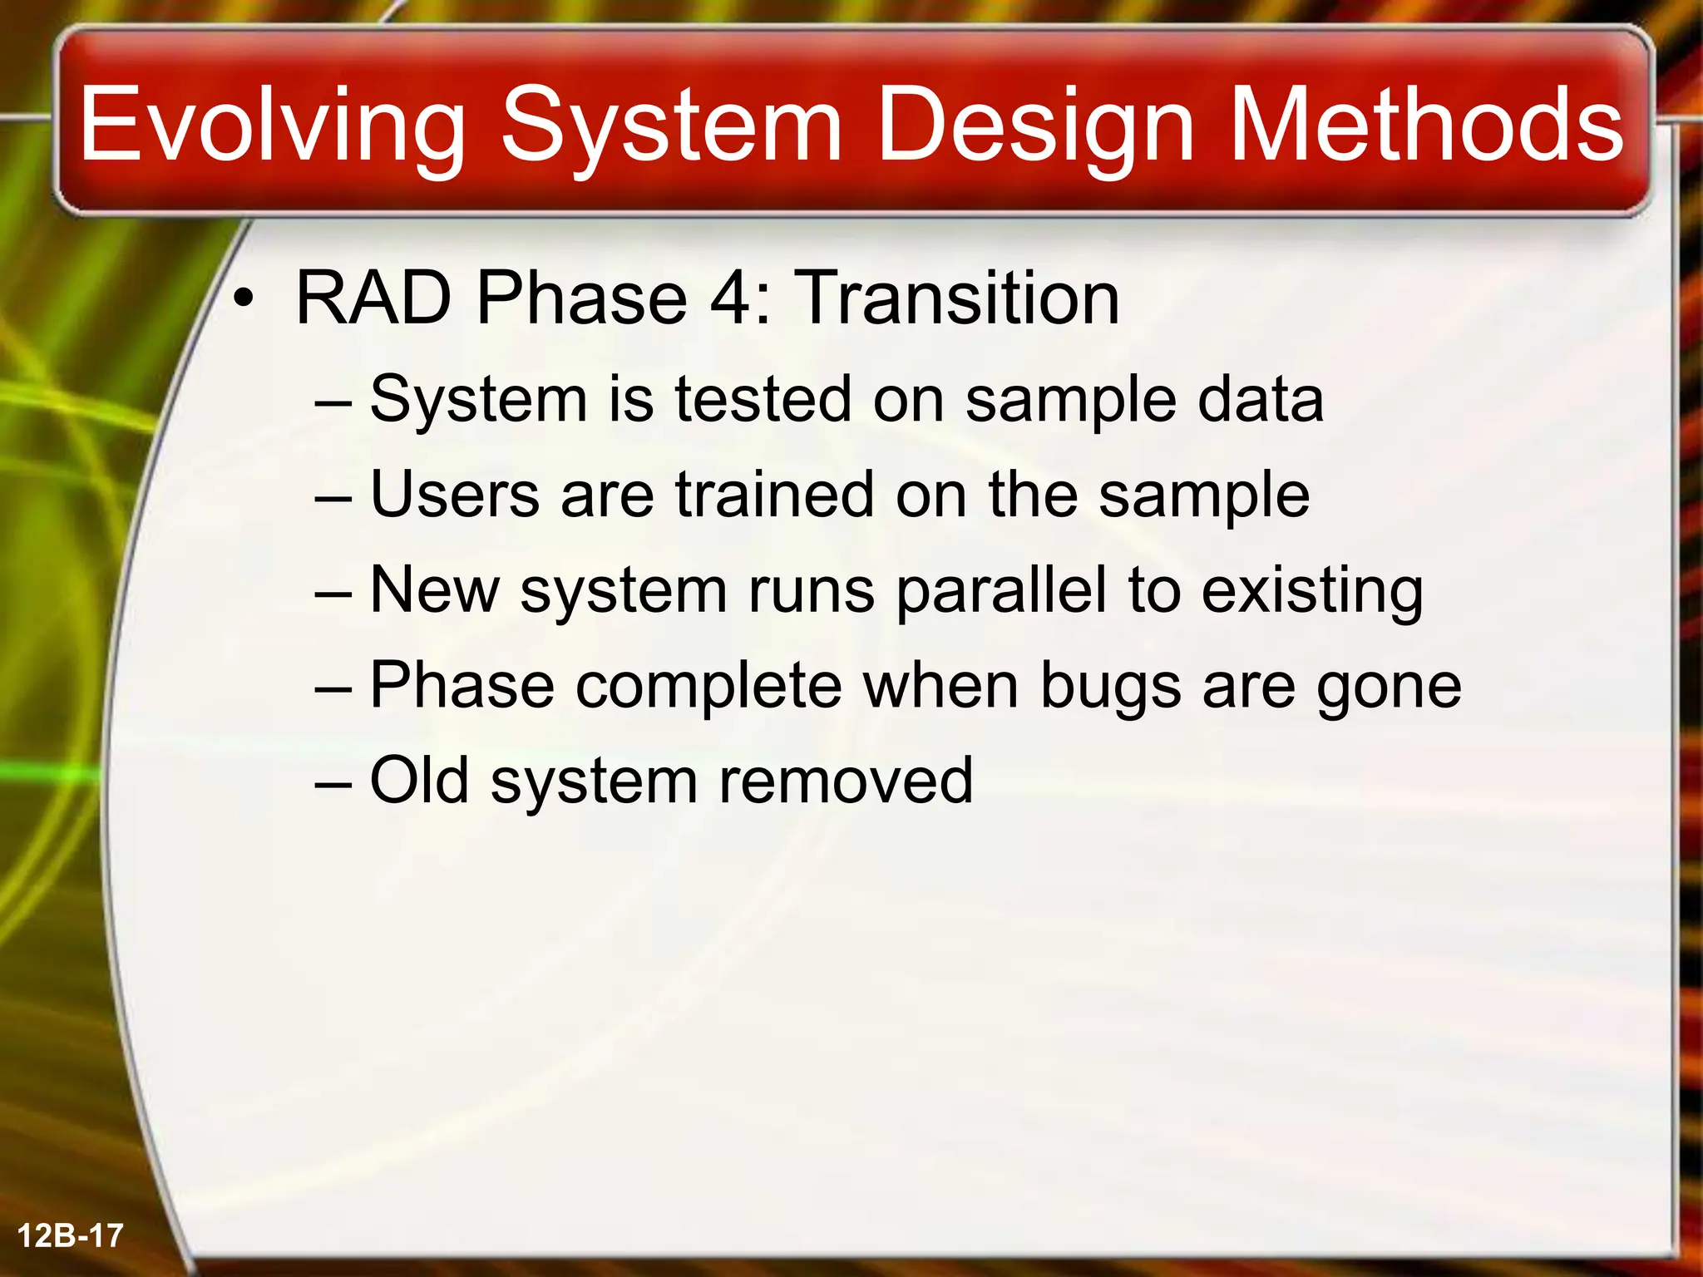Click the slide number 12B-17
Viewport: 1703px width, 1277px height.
click(x=70, y=1235)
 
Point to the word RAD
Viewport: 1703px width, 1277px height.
click(x=373, y=298)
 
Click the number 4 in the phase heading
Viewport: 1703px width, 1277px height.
click(x=731, y=298)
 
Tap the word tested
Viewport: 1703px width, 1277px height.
click(x=763, y=400)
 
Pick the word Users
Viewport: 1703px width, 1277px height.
click(x=455, y=496)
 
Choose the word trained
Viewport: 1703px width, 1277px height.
click(x=774, y=496)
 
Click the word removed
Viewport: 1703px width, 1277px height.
click(x=845, y=781)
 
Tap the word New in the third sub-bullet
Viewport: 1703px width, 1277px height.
click(x=434, y=590)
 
